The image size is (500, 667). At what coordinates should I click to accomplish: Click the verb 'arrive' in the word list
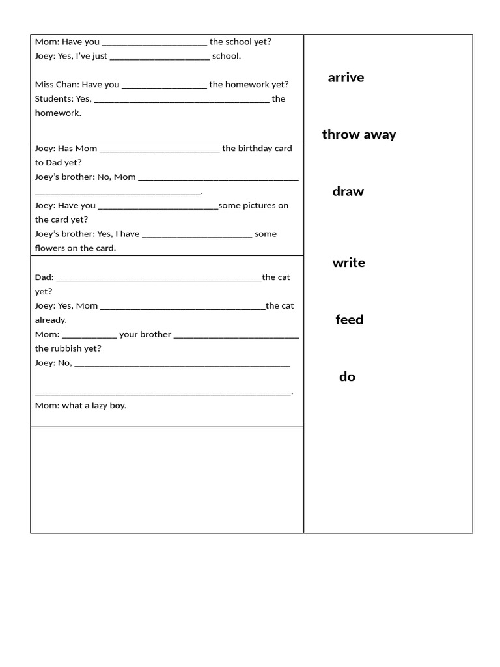[346, 78]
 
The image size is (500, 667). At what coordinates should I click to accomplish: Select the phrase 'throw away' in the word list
[359, 134]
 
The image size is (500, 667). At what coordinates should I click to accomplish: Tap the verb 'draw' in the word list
[348, 192]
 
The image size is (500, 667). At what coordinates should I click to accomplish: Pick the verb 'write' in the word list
[348, 263]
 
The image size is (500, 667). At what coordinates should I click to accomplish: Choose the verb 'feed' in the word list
[349, 320]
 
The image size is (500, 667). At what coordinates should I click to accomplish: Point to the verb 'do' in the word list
[347, 376]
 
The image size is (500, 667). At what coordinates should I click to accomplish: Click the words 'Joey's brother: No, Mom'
[85, 177]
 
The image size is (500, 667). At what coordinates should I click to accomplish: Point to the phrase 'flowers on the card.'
[76, 248]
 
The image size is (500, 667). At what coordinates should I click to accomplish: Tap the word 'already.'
[51, 320]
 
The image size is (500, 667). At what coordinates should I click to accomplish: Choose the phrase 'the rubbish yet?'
[68, 348]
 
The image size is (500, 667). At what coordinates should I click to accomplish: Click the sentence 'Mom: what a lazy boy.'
[81, 405]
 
